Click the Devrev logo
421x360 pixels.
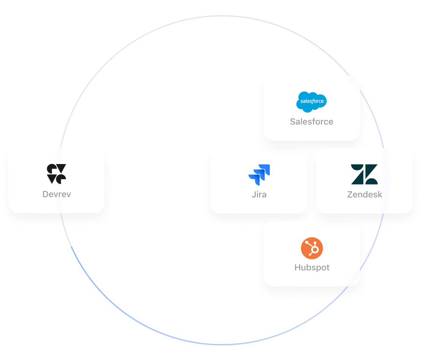[57, 174]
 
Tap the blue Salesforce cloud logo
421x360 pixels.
[312, 102]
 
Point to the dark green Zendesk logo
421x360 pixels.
[364, 174]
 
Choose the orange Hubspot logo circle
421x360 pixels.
[312, 249]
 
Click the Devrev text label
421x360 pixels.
[57, 194]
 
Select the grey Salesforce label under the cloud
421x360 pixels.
[312, 122]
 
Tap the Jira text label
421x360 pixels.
[259, 195]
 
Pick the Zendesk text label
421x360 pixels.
[364, 195]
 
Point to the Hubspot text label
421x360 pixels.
[312, 267]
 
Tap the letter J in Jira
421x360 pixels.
[253, 195]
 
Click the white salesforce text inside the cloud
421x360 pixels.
[312, 101]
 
